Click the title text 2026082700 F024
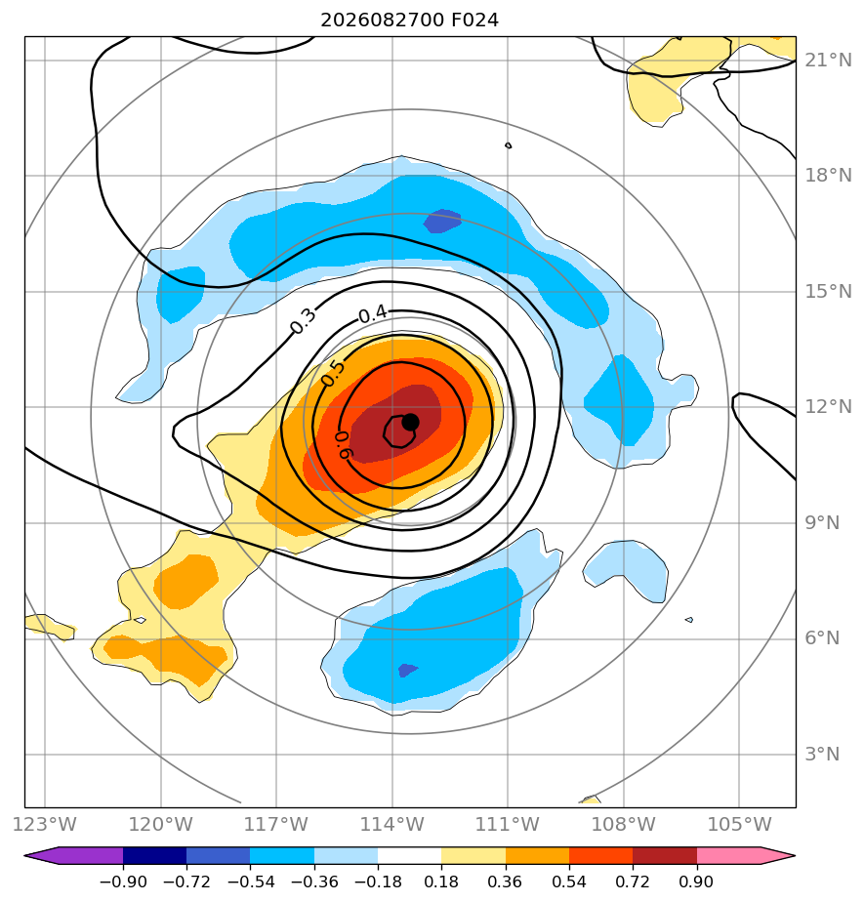(409, 20)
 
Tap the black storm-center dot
(410, 423)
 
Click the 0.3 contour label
(303, 321)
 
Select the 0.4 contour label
(373, 314)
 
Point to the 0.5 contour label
(333, 373)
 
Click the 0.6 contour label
(344, 445)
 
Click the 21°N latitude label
(828, 60)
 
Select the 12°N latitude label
(828, 407)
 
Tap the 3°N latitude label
(822, 754)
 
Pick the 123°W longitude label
(45, 824)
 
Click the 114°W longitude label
(392, 824)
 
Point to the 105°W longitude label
(739, 824)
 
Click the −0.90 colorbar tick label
(123, 881)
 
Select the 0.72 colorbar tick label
(633, 881)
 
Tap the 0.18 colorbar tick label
(441, 881)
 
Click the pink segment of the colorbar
(728, 855)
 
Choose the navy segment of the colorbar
(154, 855)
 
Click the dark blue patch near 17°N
(442, 221)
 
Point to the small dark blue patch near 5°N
(407, 671)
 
